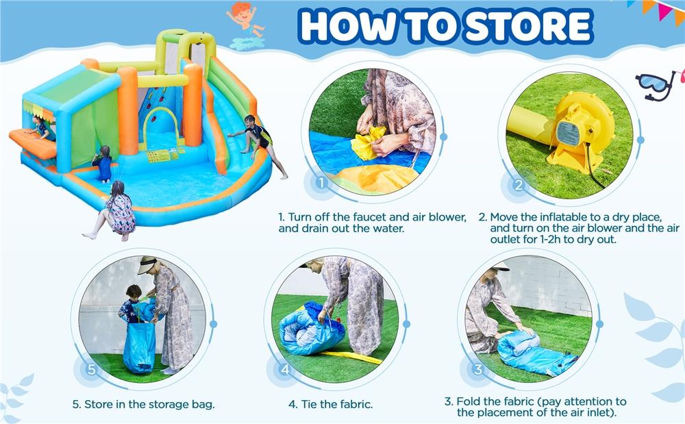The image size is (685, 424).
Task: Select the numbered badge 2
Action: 519,185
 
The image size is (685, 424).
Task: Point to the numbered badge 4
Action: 286,369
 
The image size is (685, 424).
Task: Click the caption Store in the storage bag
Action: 143,404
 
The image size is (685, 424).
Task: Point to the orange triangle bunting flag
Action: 649,6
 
